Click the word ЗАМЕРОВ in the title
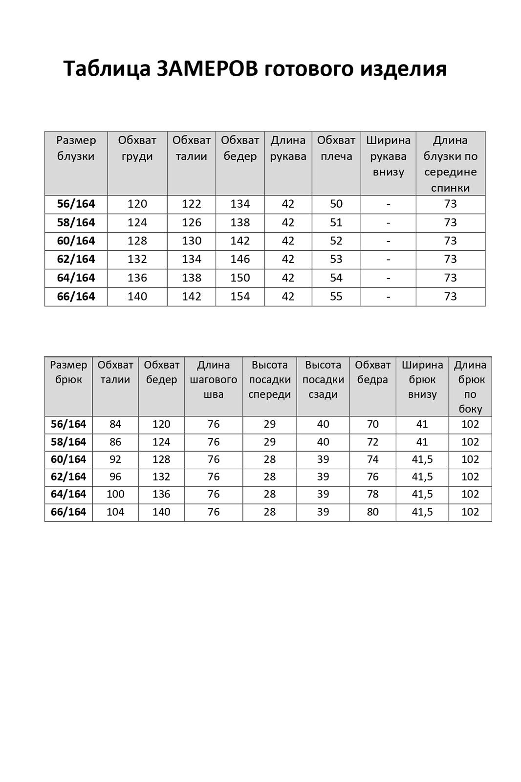coord(207,68)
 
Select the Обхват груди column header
coord(137,148)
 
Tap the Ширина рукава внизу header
coord(388,156)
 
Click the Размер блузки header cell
coord(76,148)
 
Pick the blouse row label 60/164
coord(76,241)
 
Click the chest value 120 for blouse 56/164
coord(137,204)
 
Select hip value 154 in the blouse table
coord(240,297)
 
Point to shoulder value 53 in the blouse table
coord(336,260)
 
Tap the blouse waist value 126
coord(191,222)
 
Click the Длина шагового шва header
coord(213,380)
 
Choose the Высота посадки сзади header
coord(323,380)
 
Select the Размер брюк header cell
coord(68,372)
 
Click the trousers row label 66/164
coord(68,512)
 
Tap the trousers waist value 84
coord(115,424)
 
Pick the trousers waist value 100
coord(115,494)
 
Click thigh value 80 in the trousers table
coord(372,512)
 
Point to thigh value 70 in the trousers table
coord(372,424)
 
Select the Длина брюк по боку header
coord(470,387)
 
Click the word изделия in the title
coord(403,68)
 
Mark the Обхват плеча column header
coord(336,148)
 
